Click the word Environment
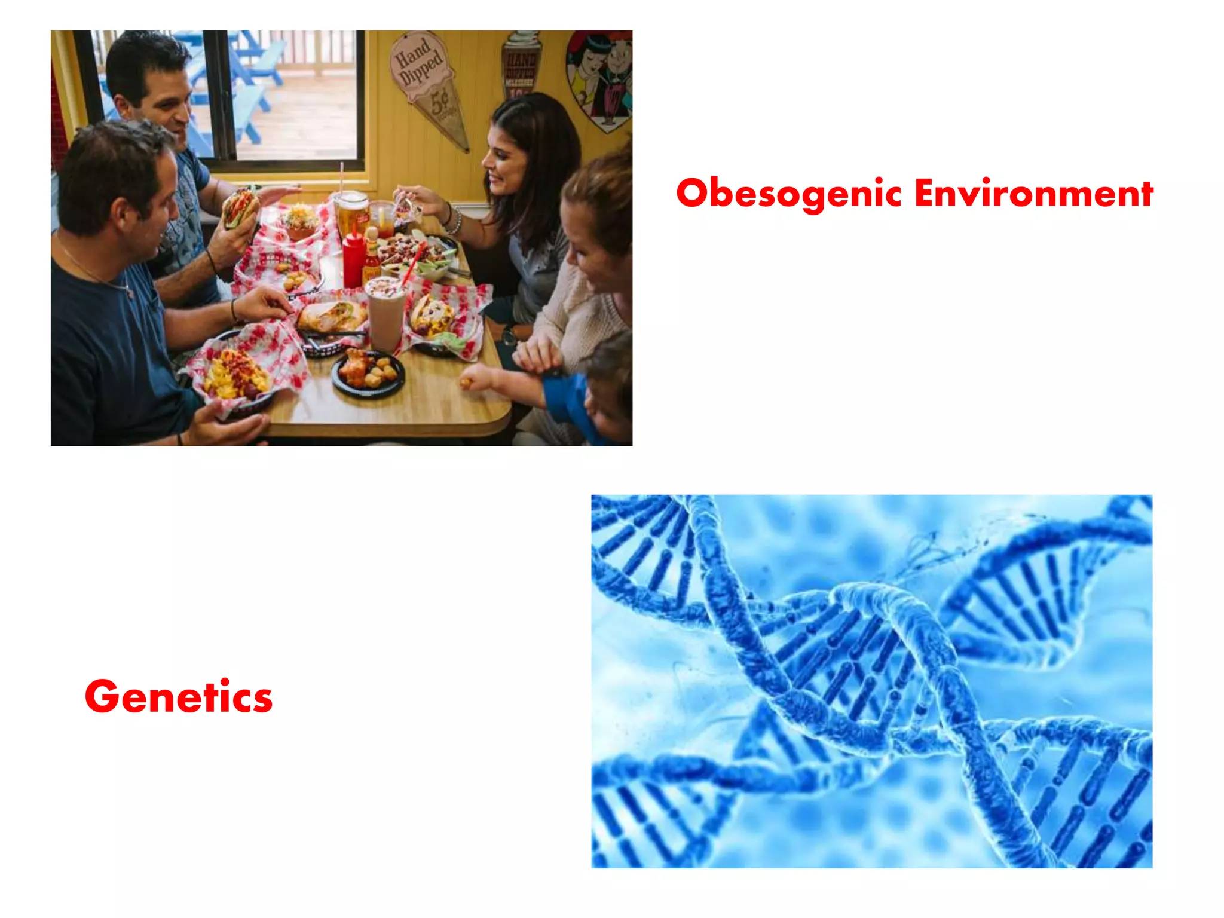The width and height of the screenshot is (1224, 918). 1033,194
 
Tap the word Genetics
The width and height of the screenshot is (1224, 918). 179,697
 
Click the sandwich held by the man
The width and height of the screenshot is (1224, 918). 241,206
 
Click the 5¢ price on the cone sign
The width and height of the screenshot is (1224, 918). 441,103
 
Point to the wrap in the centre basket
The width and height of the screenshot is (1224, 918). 332,316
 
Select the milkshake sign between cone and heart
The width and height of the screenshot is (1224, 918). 521,66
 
